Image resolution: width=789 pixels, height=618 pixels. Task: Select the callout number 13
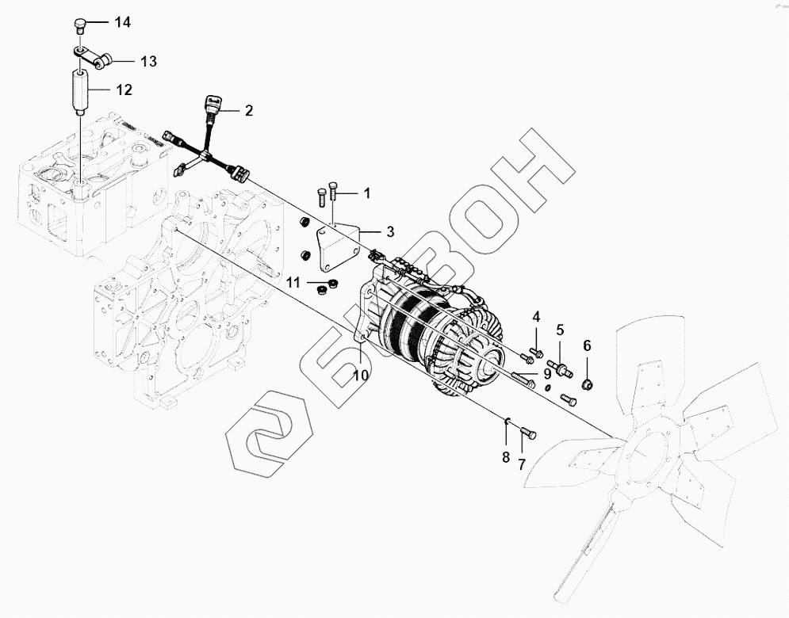click(149, 61)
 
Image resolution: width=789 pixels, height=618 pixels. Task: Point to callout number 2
click(248, 110)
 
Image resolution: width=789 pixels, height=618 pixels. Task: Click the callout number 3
click(390, 231)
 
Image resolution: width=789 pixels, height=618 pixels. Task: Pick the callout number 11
click(293, 283)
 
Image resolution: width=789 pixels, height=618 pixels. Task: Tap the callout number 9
click(547, 374)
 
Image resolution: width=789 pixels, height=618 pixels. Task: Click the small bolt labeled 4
click(535, 352)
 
